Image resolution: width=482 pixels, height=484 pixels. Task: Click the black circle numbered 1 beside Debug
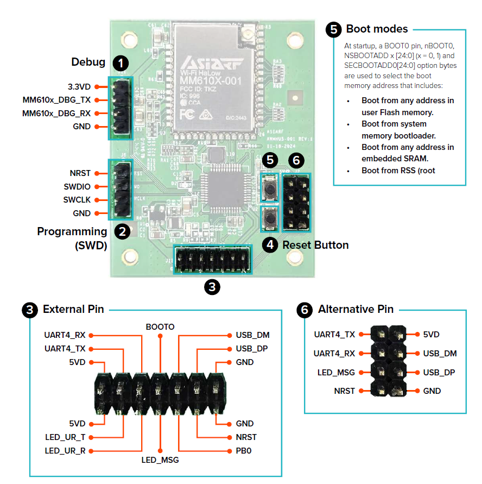pos(121,62)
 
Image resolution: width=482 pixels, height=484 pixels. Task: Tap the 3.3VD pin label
pos(79,86)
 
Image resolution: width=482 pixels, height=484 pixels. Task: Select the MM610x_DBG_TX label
pos(56,100)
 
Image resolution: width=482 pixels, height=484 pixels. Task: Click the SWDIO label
pos(78,186)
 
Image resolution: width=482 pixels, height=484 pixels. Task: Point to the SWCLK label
pos(77,200)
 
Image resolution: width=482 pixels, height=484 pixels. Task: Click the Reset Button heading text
pos(315,245)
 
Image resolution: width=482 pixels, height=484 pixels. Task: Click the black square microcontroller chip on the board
pos(220,185)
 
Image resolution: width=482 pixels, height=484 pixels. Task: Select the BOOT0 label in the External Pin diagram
pos(160,326)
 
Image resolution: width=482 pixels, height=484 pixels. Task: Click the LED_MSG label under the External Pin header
pos(160,460)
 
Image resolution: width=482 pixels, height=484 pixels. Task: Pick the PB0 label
pos(244,451)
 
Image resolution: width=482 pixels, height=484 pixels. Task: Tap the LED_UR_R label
pos(65,451)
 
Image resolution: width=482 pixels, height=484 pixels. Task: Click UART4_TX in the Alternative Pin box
pos(334,335)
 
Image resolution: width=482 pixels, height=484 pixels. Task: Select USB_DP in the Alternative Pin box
pos(439,373)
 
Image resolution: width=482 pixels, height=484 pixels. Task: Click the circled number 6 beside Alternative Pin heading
pos(305,310)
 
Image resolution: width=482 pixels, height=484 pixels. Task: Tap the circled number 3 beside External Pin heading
pos(30,310)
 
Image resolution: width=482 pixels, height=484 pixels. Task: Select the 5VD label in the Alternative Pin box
pos(432,335)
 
